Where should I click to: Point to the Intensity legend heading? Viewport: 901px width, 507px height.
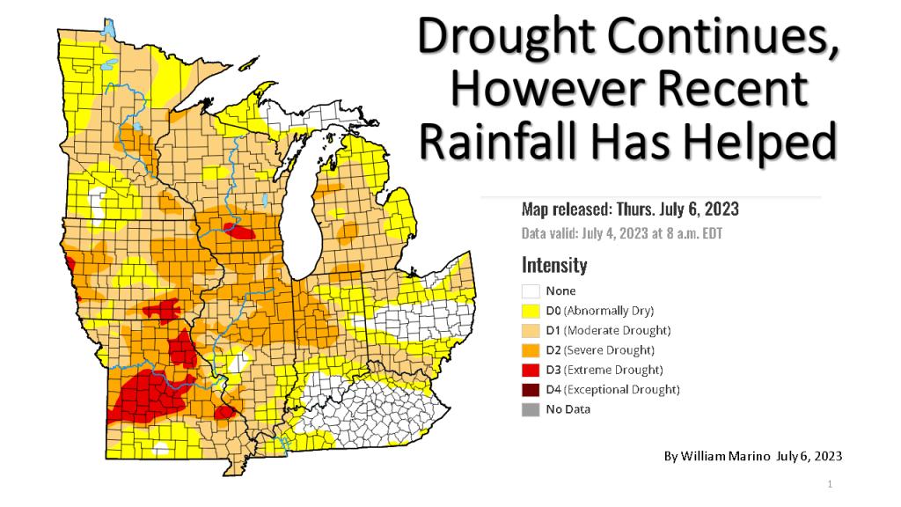pos(553,264)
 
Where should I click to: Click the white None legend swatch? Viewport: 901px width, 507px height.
pos(531,291)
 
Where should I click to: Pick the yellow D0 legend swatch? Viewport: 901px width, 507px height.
pos(531,311)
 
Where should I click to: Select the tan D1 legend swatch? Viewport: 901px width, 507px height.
pos(531,330)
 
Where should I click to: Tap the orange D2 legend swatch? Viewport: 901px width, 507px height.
pos(531,350)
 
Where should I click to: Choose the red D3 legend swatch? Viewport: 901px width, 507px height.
pos(531,370)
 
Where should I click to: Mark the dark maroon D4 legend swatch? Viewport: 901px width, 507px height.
pos(531,389)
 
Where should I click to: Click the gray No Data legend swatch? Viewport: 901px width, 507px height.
pos(531,409)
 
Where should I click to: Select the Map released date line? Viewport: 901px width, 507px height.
pos(629,209)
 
